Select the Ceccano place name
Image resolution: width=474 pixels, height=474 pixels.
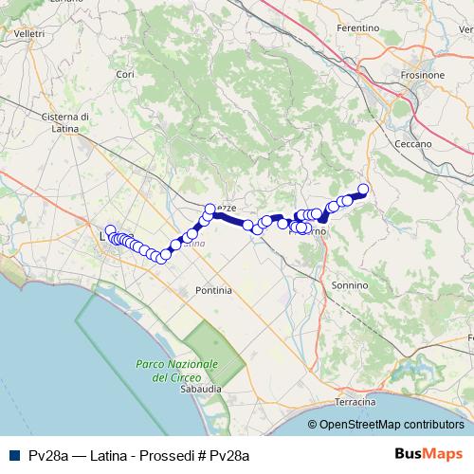(412, 143)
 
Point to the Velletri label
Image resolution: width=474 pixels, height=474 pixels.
(29, 34)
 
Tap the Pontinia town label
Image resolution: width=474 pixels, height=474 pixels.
(212, 290)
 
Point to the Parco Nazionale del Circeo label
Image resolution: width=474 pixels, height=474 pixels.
(176, 371)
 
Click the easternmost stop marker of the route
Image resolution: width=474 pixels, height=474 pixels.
(363, 189)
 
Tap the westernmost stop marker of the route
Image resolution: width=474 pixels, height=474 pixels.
(110, 230)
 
